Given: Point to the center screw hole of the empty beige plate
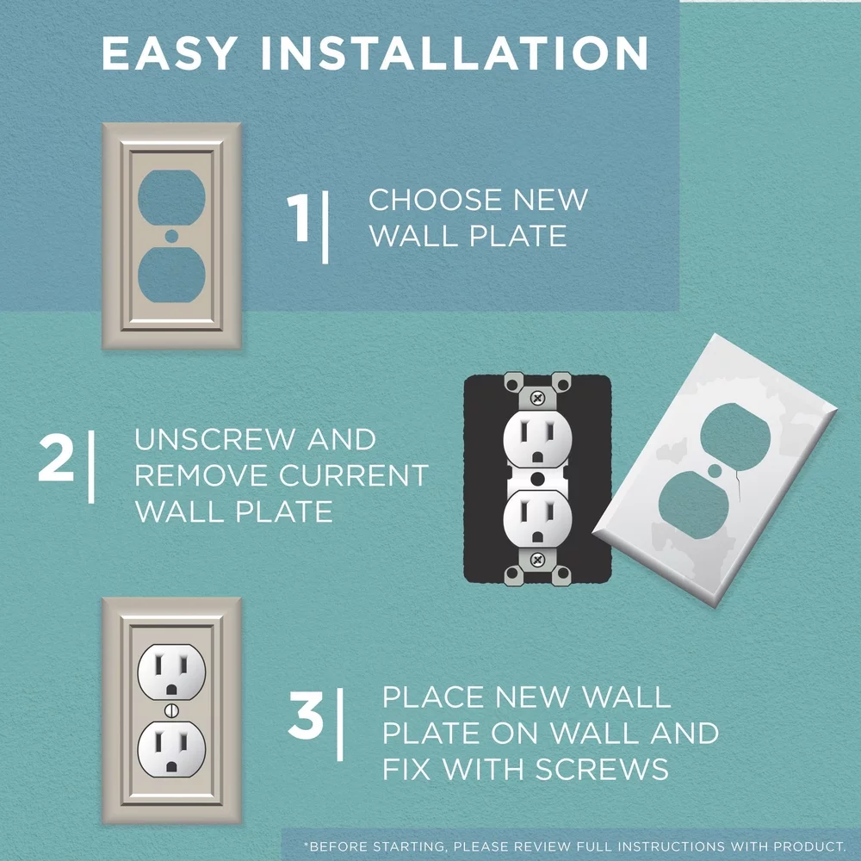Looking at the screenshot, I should [x=171, y=235].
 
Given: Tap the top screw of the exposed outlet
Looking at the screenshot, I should [x=538, y=398].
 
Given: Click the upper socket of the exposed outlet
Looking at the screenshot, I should [x=537, y=439].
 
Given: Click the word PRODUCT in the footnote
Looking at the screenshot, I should [x=804, y=846].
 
